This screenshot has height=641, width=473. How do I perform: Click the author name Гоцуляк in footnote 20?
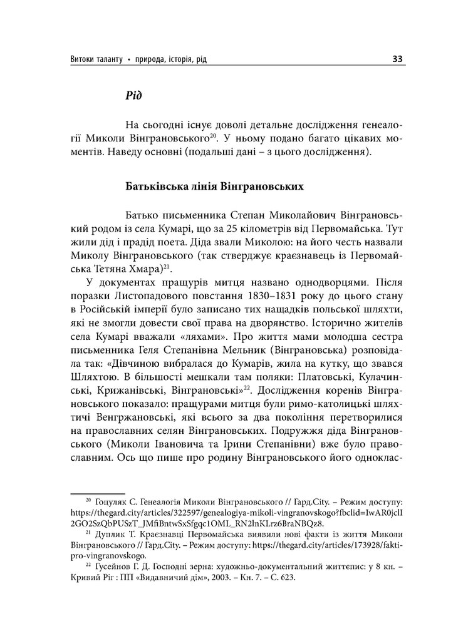pyautogui.click(x=118, y=501)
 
